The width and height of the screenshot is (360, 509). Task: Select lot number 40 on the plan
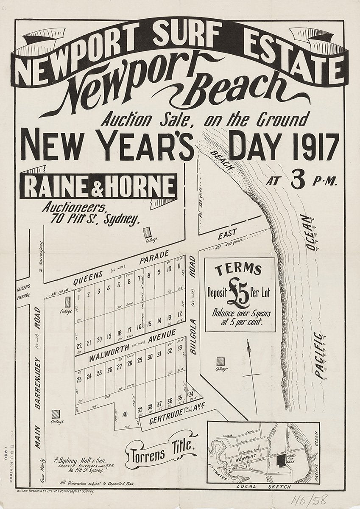(x=125, y=414)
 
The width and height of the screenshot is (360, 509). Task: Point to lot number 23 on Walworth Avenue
(x=79, y=379)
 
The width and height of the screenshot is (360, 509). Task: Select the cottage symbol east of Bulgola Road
(x=220, y=361)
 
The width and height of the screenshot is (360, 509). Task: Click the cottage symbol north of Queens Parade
(x=147, y=232)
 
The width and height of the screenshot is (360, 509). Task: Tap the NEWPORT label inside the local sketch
(x=245, y=457)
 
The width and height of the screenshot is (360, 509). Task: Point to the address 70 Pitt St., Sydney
(x=95, y=219)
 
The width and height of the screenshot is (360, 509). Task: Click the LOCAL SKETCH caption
(x=263, y=486)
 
